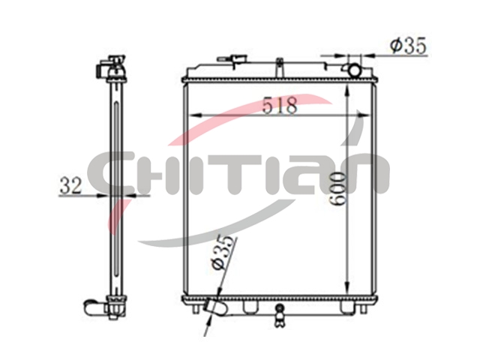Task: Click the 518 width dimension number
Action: pos(280,105)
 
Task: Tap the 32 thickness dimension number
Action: pos(71,186)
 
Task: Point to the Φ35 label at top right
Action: pos(408,46)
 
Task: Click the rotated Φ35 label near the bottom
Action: pos(223,253)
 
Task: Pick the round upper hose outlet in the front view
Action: pos(355,70)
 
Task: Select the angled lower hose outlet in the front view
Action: pos(216,306)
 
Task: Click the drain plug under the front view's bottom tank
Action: pos(279,316)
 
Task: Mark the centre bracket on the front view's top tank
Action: pos(280,68)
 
